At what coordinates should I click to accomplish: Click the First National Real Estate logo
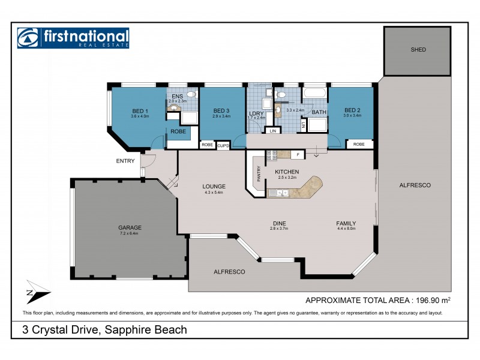pos(73,38)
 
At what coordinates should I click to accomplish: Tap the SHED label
pos(418,50)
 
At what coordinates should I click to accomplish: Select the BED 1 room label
pos(140,110)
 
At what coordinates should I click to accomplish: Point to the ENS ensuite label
pos(177,96)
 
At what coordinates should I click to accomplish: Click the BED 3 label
pos(221,110)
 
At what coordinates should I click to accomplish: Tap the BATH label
pos(319,112)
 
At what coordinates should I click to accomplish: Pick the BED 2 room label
pos(352,110)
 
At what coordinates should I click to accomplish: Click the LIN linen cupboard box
pos(274,130)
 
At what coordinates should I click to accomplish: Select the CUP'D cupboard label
pos(223,145)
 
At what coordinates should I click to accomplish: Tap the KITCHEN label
pos(287,172)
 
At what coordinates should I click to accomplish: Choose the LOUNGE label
pos(214,186)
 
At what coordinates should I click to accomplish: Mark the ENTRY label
pos(125,161)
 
